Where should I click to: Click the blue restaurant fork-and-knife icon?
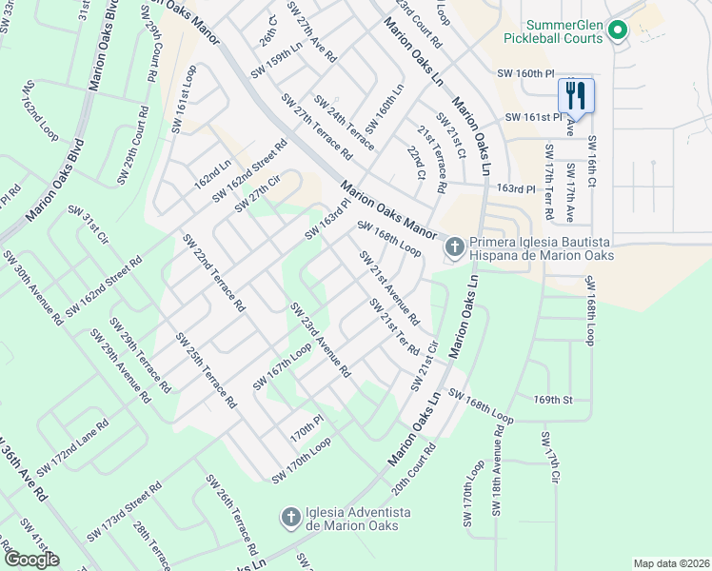pyautogui.click(x=575, y=95)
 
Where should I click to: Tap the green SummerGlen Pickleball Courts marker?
pyautogui.click(x=617, y=31)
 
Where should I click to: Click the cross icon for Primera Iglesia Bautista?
pyautogui.click(x=455, y=247)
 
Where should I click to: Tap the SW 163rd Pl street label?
pyautogui.click(x=328, y=220)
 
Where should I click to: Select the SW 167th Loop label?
pyautogui.click(x=282, y=366)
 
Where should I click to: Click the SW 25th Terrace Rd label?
pyautogui.click(x=206, y=370)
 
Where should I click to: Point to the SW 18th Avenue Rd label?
pyautogui.click(x=498, y=470)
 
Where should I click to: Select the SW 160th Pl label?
pyautogui.click(x=524, y=73)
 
